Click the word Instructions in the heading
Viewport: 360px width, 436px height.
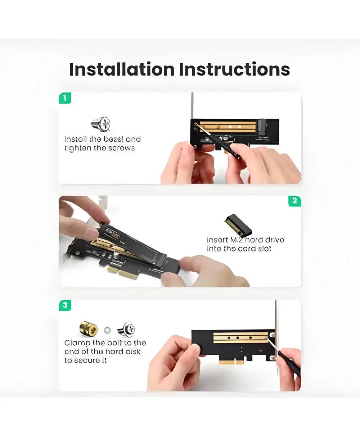click(x=234, y=69)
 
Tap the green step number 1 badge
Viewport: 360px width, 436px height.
click(x=65, y=98)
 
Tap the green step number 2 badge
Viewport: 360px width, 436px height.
click(x=294, y=201)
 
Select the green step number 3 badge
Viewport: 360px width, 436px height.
click(x=65, y=305)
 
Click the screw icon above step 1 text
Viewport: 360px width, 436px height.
click(x=101, y=124)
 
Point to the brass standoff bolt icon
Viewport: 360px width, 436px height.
click(x=89, y=330)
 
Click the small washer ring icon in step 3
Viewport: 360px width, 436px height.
click(x=107, y=330)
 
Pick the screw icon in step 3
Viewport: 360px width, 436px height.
click(x=126, y=330)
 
